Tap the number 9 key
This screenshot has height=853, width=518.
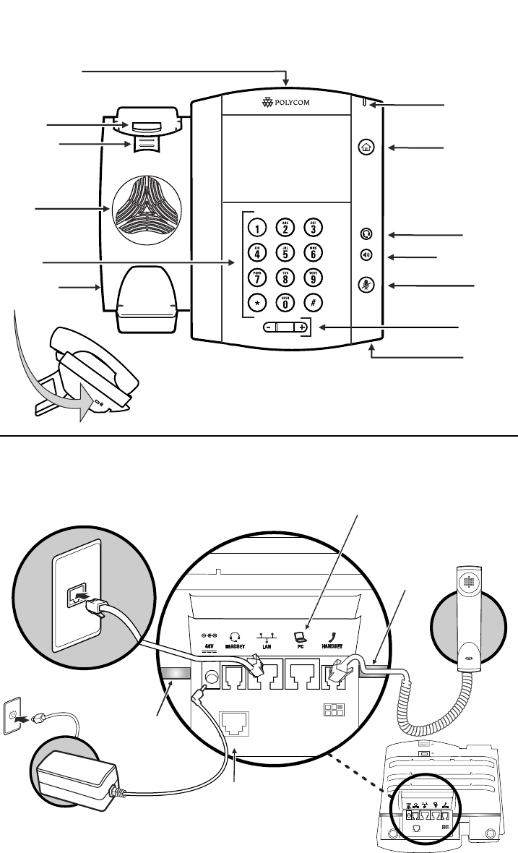click(x=314, y=276)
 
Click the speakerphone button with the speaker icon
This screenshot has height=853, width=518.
click(x=366, y=255)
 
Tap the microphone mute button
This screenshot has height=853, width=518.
click(x=366, y=285)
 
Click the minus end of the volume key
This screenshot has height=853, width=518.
click(x=267, y=327)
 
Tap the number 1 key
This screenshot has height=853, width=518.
click(x=256, y=228)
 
